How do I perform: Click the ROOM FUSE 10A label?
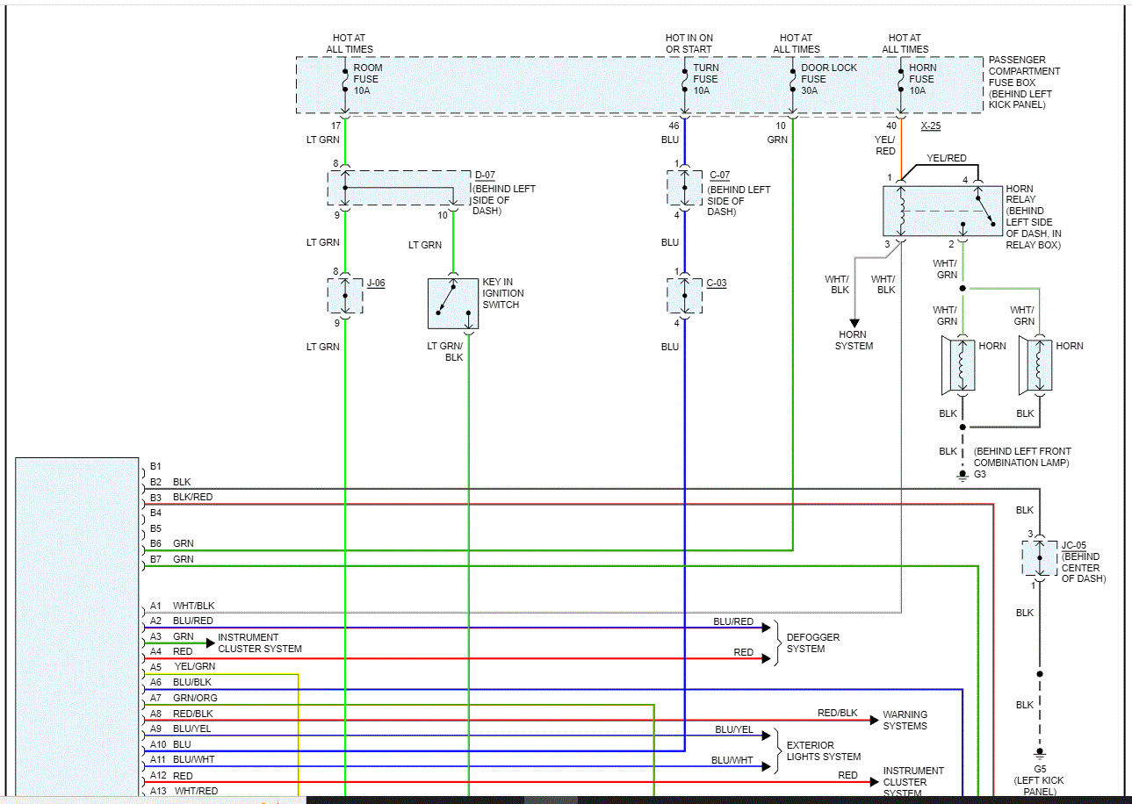[x=368, y=79]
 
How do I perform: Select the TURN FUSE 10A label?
[x=705, y=79]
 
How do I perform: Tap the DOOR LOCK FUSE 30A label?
[x=829, y=79]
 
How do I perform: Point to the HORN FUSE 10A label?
[x=922, y=79]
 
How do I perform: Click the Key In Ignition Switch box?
[x=453, y=304]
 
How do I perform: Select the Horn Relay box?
[x=942, y=212]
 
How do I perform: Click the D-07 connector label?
[x=485, y=176]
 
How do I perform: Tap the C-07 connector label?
[x=719, y=176]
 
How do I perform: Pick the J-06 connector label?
[x=376, y=283]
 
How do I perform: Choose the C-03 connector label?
[x=716, y=283]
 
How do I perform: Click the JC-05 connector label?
[x=1073, y=545]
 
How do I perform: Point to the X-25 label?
[x=930, y=126]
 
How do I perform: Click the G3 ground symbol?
[x=963, y=476]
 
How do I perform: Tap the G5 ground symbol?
[x=1040, y=753]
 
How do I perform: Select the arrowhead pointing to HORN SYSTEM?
[x=854, y=323]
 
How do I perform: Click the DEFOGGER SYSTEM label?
[x=812, y=642]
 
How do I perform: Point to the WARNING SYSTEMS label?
[x=905, y=720]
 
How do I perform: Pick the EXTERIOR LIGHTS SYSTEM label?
[x=823, y=751]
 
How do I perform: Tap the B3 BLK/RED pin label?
[x=181, y=498]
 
